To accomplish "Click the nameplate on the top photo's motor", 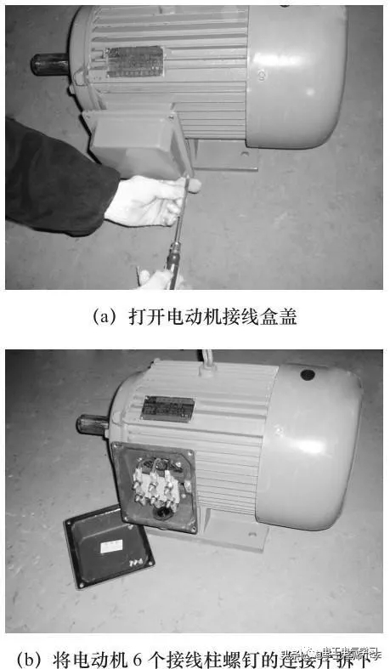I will point(137,61).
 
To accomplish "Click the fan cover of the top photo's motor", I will point(297,77).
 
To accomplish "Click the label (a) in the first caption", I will point(104,316).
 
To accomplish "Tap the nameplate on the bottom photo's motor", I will point(167,407).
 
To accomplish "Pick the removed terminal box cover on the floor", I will point(110,547).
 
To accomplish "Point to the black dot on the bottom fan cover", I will point(308,374).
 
